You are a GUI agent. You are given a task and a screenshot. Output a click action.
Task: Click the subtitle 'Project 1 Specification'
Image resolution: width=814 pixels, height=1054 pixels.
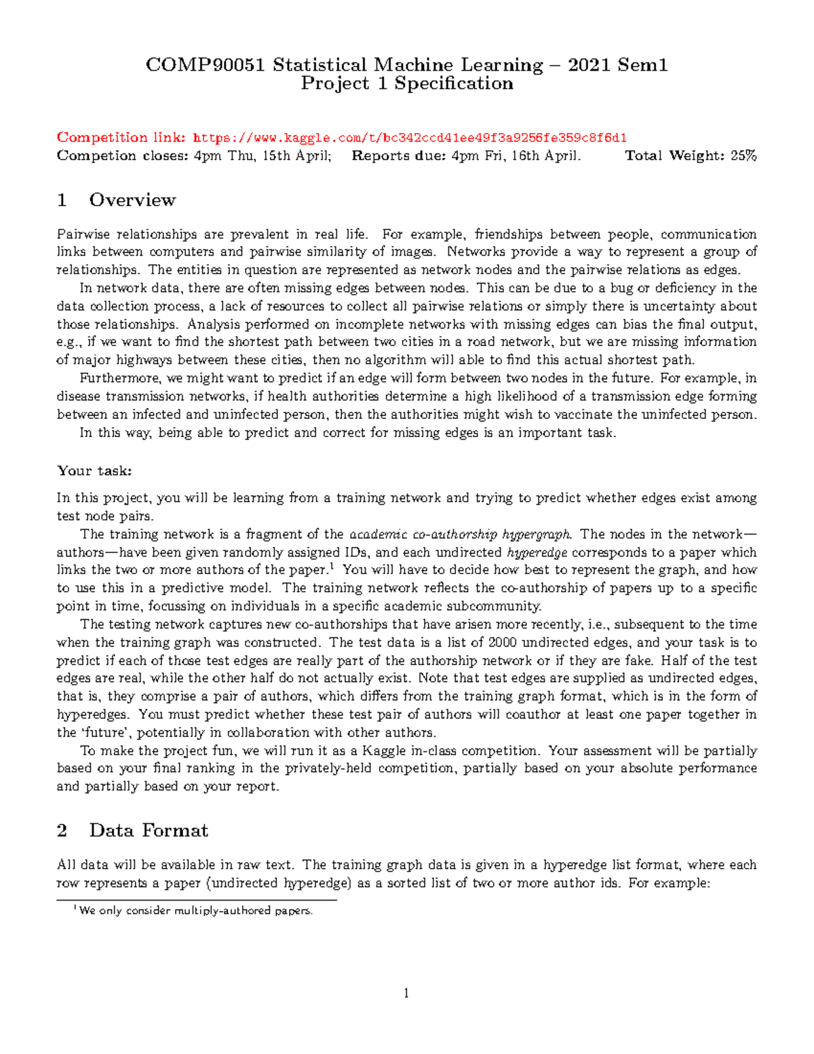click(407, 83)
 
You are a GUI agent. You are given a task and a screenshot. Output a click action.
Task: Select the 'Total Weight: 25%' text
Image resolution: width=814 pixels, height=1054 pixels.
click(690, 156)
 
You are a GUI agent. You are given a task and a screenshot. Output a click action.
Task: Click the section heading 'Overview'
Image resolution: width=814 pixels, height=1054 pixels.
click(132, 200)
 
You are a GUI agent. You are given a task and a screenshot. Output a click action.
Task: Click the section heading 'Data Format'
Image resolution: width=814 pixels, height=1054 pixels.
click(149, 831)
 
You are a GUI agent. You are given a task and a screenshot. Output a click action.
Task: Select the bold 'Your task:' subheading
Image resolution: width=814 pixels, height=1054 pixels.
click(94, 471)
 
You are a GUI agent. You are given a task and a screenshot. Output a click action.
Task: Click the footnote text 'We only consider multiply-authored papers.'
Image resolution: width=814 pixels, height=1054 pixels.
click(196, 911)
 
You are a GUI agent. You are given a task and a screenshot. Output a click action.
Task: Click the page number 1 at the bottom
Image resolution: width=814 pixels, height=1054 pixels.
click(406, 994)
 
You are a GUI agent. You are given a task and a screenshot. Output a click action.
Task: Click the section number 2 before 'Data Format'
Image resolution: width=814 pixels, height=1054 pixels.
click(62, 831)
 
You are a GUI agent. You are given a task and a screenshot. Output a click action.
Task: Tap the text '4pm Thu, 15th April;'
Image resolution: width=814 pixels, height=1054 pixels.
click(263, 156)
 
